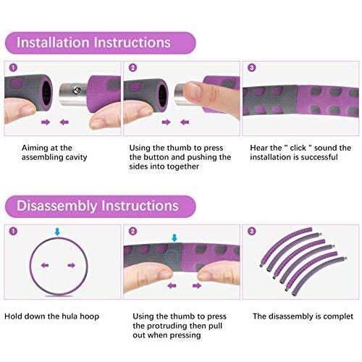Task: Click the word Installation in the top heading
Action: (x=53, y=43)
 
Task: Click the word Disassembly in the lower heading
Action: (x=56, y=206)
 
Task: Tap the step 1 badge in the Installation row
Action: (x=13, y=68)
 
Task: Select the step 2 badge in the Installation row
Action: (x=132, y=68)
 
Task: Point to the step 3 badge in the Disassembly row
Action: (x=252, y=232)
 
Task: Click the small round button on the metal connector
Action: (x=77, y=90)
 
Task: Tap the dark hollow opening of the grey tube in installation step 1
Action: (x=46, y=93)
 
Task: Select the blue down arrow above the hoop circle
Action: (x=57, y=232)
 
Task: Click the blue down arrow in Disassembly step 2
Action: (x=174, y=237)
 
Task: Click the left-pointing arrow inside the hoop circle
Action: (x=45, y=266)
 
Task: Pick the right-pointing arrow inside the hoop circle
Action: (x=71, y=266)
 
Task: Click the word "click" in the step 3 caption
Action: (x=298, y=148)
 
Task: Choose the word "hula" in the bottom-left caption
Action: (x=70, y=316)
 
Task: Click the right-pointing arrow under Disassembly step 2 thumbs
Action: (x=197, y=286)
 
